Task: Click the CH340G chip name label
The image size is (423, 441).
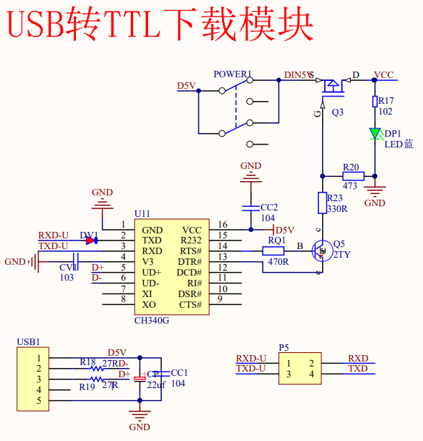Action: tap(152, 320)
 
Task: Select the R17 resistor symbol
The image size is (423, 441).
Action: tap(374, 102)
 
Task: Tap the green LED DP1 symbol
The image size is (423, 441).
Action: tap(374, 133)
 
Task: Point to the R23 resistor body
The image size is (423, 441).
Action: tap(322, 203)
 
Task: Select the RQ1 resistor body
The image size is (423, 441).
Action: tap(273, 251)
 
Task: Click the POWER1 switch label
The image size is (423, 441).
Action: tap(233, 74)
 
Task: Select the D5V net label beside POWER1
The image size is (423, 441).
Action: tap(186, 86)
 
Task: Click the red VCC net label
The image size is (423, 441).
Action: tap(384, 74)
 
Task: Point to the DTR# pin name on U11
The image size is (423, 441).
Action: tap(189, 262)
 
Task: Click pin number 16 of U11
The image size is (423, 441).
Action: tap(223, 225)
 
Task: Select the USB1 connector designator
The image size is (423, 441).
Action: tap(28, 342)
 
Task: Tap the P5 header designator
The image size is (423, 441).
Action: tap(284, 347)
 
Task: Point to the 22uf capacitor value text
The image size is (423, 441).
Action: tap(156, 385)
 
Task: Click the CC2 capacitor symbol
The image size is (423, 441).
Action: tap(251, 208)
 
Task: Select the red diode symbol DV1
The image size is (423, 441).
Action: tap(91, 241)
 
